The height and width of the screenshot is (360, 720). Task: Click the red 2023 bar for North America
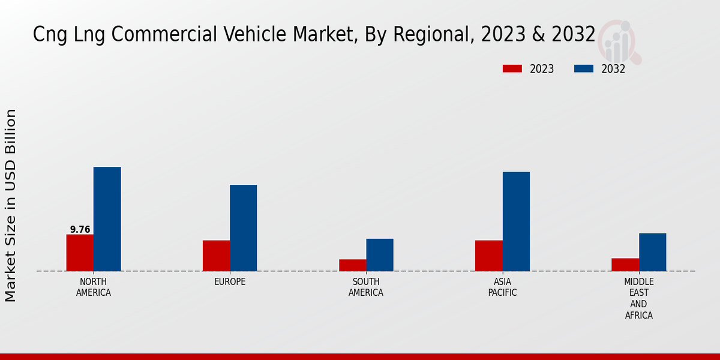80,253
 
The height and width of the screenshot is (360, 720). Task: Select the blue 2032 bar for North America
107,219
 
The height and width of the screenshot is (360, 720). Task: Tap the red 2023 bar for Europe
216,256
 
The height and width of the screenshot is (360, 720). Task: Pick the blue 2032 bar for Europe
243,228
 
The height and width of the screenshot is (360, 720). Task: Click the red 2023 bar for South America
352,265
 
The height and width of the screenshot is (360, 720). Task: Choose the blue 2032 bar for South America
380,255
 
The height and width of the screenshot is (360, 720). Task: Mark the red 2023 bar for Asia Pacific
488,256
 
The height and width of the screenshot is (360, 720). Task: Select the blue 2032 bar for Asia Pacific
516,221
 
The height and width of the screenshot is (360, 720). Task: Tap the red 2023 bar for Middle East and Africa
625,265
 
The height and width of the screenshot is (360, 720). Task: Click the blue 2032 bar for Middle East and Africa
652,252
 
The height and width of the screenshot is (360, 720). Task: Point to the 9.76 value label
80,230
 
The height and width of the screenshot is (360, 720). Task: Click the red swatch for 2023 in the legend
512,69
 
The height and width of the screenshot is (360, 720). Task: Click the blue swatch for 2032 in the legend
583,69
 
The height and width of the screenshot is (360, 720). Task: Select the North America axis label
94,287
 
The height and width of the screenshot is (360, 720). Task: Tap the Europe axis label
230,282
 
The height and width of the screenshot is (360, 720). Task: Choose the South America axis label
366,287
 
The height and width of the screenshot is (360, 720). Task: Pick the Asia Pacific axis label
502,287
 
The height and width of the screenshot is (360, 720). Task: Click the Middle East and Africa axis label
638,299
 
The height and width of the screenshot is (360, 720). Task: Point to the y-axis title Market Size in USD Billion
11,205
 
